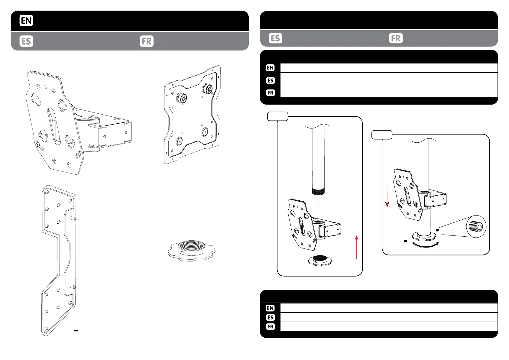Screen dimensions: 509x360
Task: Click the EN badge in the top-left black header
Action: pyautogui.click(x=26, y=21)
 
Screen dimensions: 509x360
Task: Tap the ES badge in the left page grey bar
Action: pyautogui.click(x=26, y=41)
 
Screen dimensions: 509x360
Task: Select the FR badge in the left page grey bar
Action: pyautogui.click(x=147, y=41)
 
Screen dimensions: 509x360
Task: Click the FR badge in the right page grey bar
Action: pyautogui.click(x=396, y=38)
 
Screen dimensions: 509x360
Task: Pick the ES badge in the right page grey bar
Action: pyautogui.click(x=275, y=38)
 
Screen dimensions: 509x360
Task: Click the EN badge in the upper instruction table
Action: pyautogui.click(x=270, y=68)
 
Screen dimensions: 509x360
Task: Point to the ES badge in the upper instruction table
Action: pyautogui.click(x=270, y=80)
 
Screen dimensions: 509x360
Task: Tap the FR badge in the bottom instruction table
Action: pyautogui.click(x=270, y=327)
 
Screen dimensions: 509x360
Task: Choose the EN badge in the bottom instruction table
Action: pyautogui.click(x=270, y=308)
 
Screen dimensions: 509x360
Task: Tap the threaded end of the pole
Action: pyautogui.click(x=318, y=191)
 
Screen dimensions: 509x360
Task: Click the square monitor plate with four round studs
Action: pyautogui.click(x=193, y=115)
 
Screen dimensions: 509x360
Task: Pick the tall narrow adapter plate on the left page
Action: pyautogui.click(x=58, y=260)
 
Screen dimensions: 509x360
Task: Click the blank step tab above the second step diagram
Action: pyautogui.click(x=382, y=135)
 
